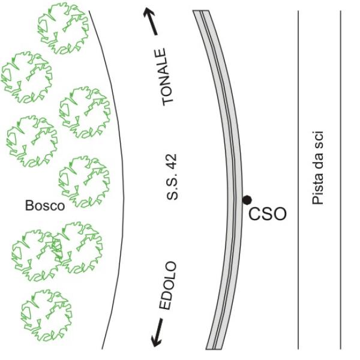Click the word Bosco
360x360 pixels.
pos(44,206)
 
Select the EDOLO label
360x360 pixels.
pos(169,285)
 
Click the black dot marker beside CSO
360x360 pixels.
pos(246,199)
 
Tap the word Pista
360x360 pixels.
pos(319,191)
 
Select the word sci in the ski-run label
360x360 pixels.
pos(319,137)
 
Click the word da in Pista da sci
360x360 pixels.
pos(319,161)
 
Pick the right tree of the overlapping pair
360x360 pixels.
pos(78,246)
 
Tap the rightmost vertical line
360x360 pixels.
pos(340,180)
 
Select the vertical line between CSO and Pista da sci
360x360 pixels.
pos(298,180)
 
